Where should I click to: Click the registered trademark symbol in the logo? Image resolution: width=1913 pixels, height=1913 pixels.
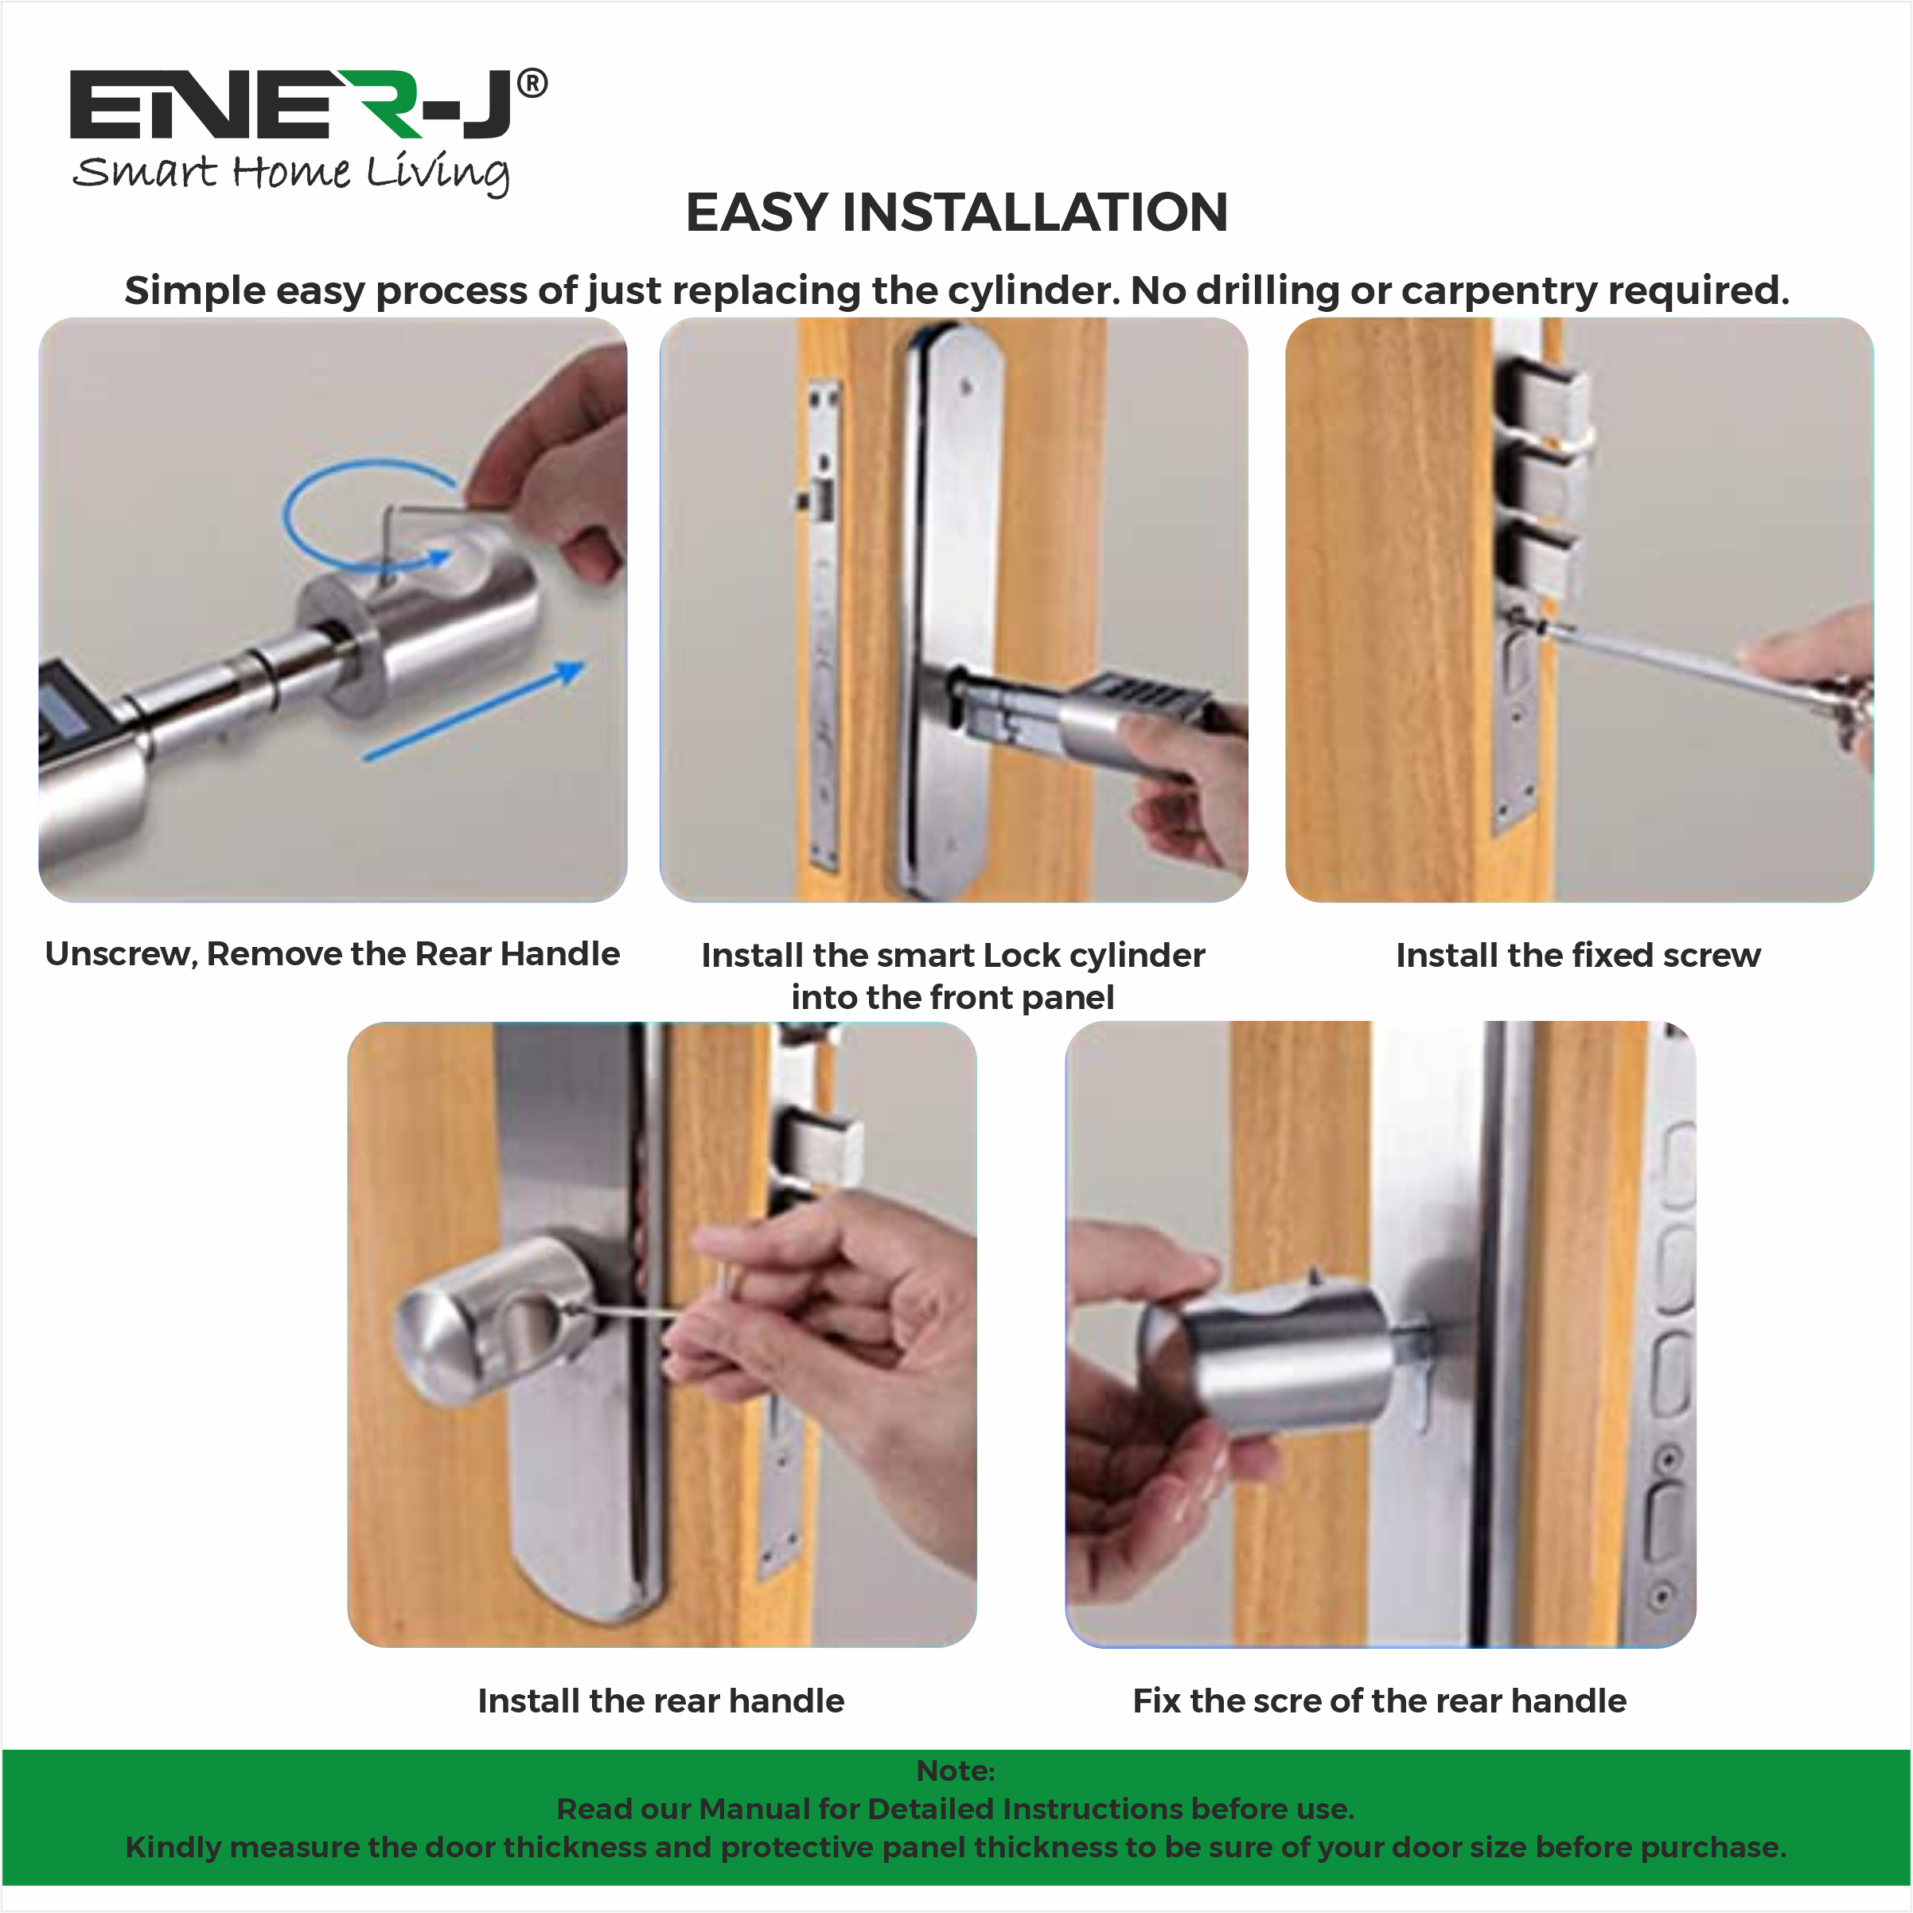point(532,84)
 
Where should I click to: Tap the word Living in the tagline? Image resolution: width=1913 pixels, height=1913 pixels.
point(438,173)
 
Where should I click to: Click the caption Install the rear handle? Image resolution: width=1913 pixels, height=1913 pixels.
point(660,1701)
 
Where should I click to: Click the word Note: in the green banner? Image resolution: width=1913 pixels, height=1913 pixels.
point(955,1771)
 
